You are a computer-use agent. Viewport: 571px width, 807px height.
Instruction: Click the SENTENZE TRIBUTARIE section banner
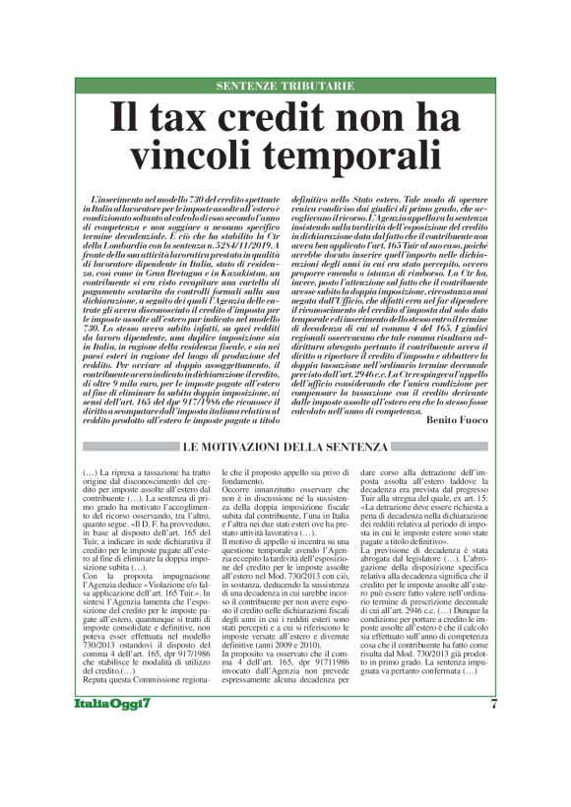click(x=285, y=86)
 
